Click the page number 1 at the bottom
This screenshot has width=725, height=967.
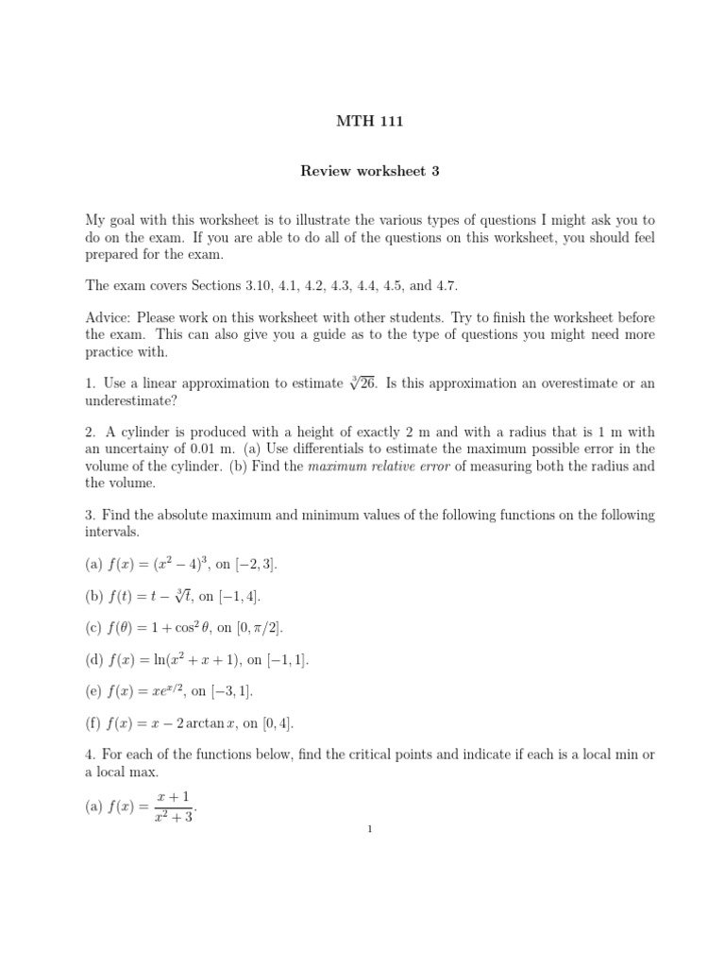pyautogui.click(x=370, y=829)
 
